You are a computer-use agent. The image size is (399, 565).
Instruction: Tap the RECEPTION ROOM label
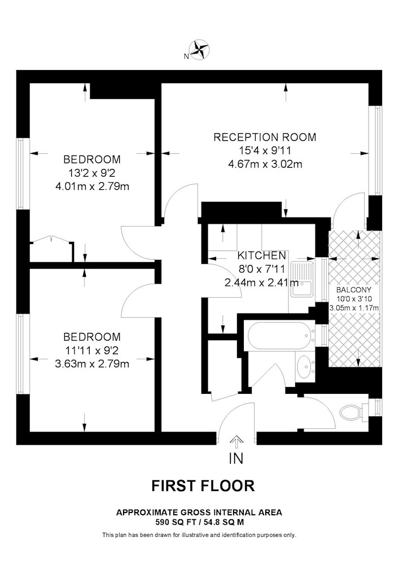[265, 137]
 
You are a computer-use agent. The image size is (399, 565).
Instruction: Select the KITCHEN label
[261, 255]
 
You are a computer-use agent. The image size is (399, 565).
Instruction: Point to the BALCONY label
[353, 290]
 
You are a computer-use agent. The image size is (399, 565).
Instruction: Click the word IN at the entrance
[236, 458]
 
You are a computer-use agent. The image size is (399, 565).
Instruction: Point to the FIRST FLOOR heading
[203, 486]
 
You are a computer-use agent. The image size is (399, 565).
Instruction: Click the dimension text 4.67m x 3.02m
[265, 164]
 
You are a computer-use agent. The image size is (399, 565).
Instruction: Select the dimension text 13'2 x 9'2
[92, 173]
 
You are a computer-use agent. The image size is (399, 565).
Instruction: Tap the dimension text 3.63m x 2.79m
[92, 363]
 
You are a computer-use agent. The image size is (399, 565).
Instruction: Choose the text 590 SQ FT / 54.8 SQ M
[199, 521]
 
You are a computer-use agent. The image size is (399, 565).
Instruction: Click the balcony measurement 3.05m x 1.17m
[354, 308]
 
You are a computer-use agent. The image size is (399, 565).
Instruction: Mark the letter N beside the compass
[186, 56]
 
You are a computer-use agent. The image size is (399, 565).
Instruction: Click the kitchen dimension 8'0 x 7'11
[261, 269]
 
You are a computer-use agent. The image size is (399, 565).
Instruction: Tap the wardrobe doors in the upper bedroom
[51, 240]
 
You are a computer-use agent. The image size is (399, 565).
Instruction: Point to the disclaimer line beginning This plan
[199, 535]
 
